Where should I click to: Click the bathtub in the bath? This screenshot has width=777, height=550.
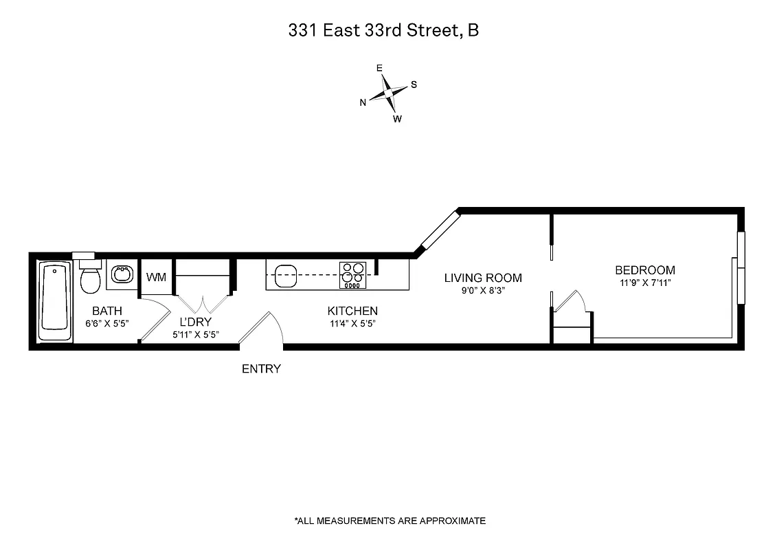pyautogui.click(x=55, y=301)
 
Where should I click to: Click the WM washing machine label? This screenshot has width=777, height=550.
pyautogui.click(x=157, y=277)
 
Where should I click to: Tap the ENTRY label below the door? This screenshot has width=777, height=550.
pyautogui.click(x=261, y=369)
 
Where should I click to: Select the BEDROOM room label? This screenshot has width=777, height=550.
pyautogui.click(x=644, y=270)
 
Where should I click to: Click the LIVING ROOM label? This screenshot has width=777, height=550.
pyautogui.click(x=483, y=278)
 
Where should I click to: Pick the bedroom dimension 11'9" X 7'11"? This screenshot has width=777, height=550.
pyautogui.click(x=644, y=283)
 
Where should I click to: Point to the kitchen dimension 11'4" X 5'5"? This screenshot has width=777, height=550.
pyautogui.click(x=352, y=323)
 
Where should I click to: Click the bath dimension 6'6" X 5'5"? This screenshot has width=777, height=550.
pyautogui.click(x=106, y=323)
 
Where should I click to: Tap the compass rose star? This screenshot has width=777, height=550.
pyautogui.click(x=389, y=92)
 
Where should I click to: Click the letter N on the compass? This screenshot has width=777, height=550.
pyautogui.click(x=363, y=102)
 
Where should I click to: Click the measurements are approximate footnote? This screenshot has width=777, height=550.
pyautogui.click(x=390, y=520)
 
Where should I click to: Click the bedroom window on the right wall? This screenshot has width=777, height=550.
pyautogui.click(x=740, y=268)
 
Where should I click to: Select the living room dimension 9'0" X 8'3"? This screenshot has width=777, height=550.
pyautogui.click(x=483, y=290)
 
